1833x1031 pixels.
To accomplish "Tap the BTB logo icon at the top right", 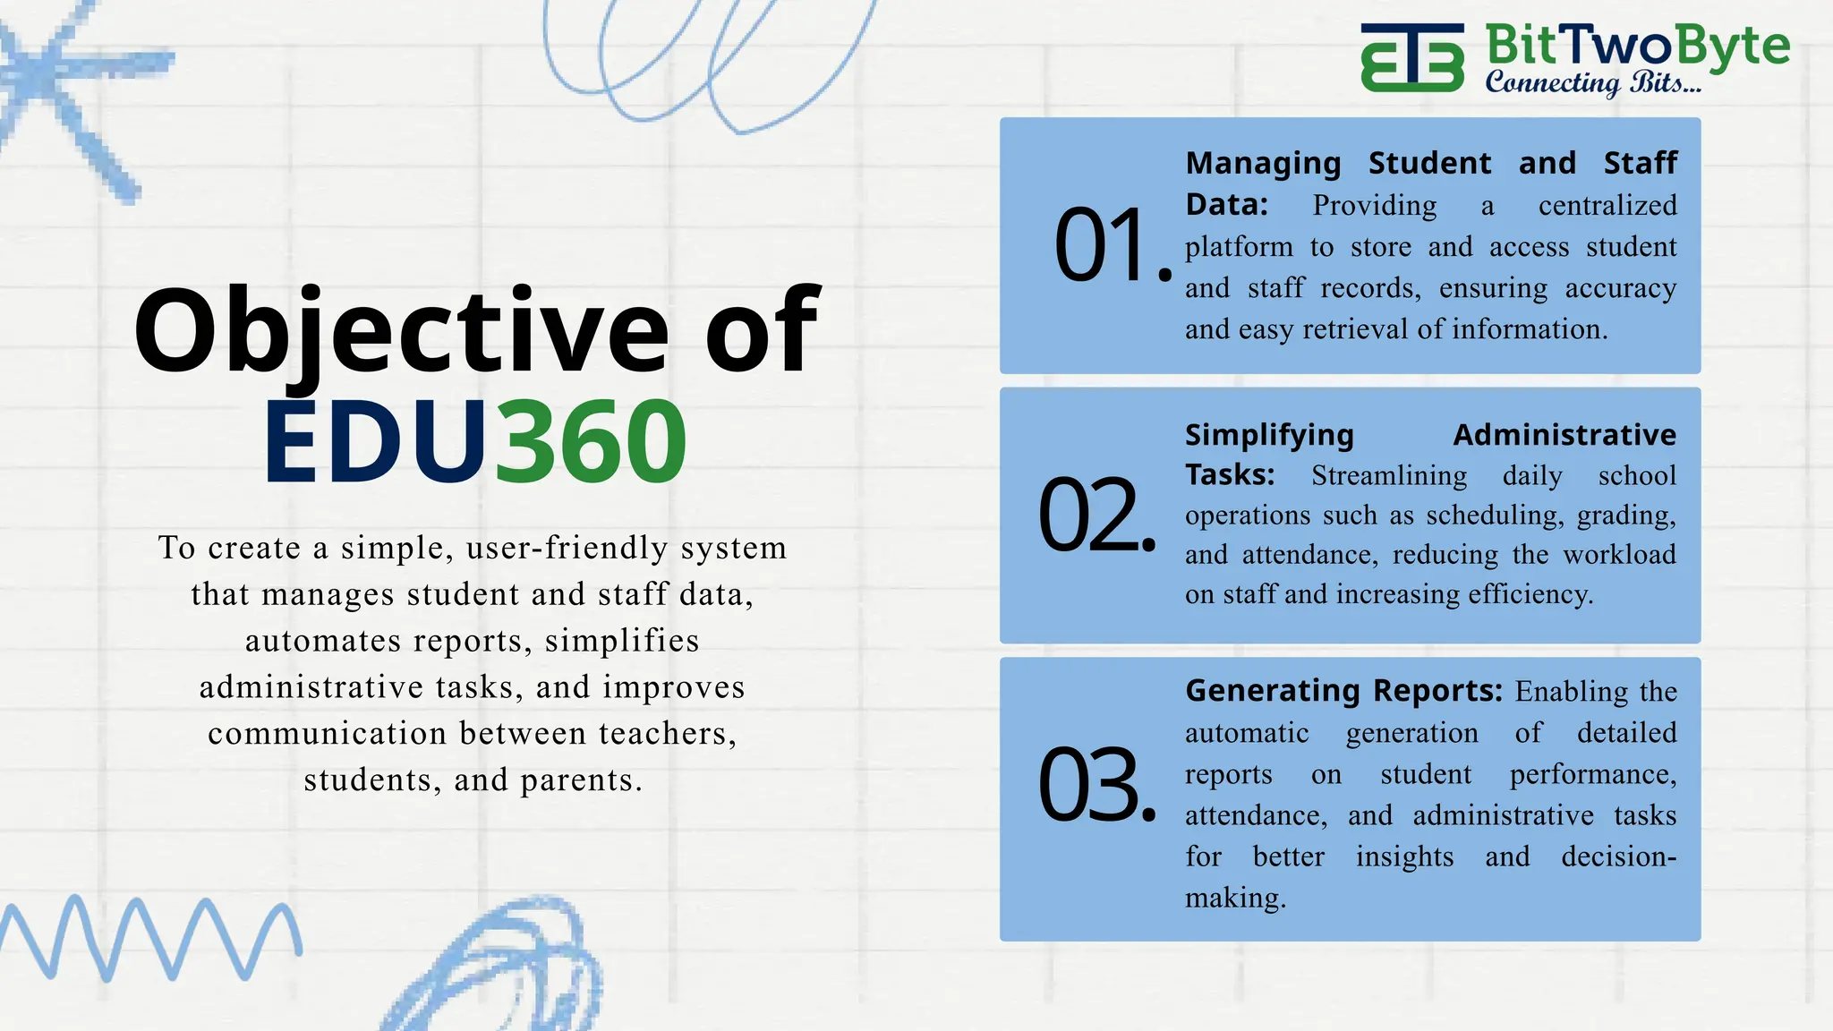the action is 1412,57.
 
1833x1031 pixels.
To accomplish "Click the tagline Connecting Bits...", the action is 1592,83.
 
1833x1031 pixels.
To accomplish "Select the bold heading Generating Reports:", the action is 1343,691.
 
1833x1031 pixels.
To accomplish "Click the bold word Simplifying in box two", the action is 1268,435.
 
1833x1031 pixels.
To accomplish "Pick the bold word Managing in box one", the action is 1263,164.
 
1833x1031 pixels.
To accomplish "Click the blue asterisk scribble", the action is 72,89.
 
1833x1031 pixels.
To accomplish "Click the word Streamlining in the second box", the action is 1388,475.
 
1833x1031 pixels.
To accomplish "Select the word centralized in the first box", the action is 1607,206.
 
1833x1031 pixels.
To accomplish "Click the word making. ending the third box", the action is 1235,898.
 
